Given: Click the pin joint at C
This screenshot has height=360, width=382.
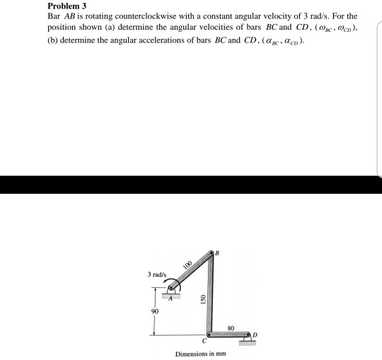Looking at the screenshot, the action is [x=208, y=335].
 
